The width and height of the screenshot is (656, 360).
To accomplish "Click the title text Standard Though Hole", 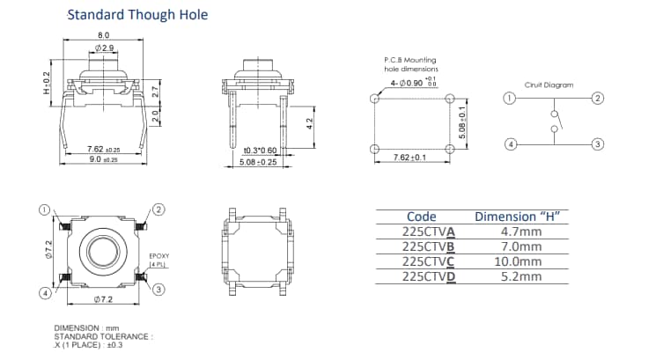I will (137, 15).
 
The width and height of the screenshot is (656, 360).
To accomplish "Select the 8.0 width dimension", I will (104, 35).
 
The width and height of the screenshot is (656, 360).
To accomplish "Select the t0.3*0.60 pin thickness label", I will (259, 151).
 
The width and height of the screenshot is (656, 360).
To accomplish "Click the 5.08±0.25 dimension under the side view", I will (259, 162).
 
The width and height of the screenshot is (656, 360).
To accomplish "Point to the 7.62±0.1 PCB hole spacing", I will (409, 158).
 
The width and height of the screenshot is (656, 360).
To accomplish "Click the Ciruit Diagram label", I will (549, 85).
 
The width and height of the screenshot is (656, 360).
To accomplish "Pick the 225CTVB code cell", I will (429, 246).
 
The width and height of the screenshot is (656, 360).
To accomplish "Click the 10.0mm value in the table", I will (517, 261).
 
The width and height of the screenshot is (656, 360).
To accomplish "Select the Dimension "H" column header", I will (518, 217).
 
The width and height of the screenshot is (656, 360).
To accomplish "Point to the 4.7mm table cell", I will (517, 232).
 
